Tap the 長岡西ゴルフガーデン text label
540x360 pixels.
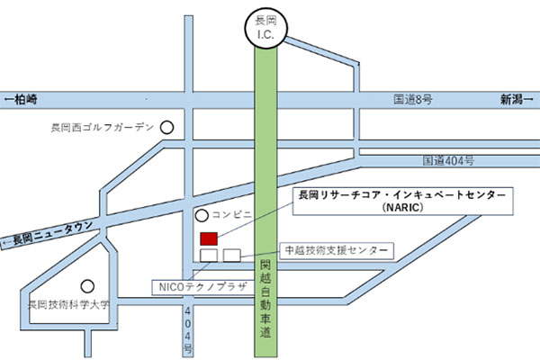[x=103, y=128]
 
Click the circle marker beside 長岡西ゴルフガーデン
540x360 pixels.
[x=166, y=128]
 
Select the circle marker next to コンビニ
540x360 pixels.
[x=202, y=216]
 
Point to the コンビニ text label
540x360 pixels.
[x=231, y=216]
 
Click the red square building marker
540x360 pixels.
[x=209, y=238]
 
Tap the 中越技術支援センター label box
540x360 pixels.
[x=336, y=249]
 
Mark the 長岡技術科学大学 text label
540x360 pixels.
[x=67, y=305]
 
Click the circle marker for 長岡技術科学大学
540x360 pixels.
[x=87, y=285]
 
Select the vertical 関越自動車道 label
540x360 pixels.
[x=265, y=296]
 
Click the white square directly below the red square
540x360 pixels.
[x=209, y=256]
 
